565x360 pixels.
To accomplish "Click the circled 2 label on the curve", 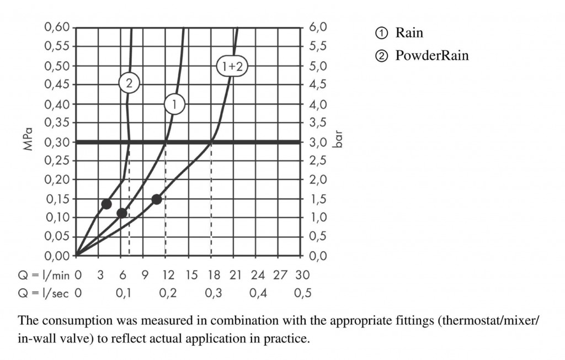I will [129, 84].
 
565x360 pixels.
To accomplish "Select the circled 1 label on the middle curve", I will [174, 103].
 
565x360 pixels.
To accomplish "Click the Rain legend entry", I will [409, 33].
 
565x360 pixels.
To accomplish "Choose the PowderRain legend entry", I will [431, 56].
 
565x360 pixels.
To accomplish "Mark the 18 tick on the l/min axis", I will [213, 274].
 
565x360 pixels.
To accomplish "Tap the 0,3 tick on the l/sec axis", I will [213, 293].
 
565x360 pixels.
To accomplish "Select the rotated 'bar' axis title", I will [338, 138].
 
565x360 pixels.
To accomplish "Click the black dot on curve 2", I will [106, 204].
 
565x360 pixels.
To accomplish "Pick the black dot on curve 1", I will [122, 213].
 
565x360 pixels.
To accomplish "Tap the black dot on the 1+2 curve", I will [157, 199].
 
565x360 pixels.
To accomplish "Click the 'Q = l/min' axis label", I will [41, 274].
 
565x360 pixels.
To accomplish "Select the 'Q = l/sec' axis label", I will [41, 293].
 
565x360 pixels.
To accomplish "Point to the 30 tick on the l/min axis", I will [302, 274].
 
